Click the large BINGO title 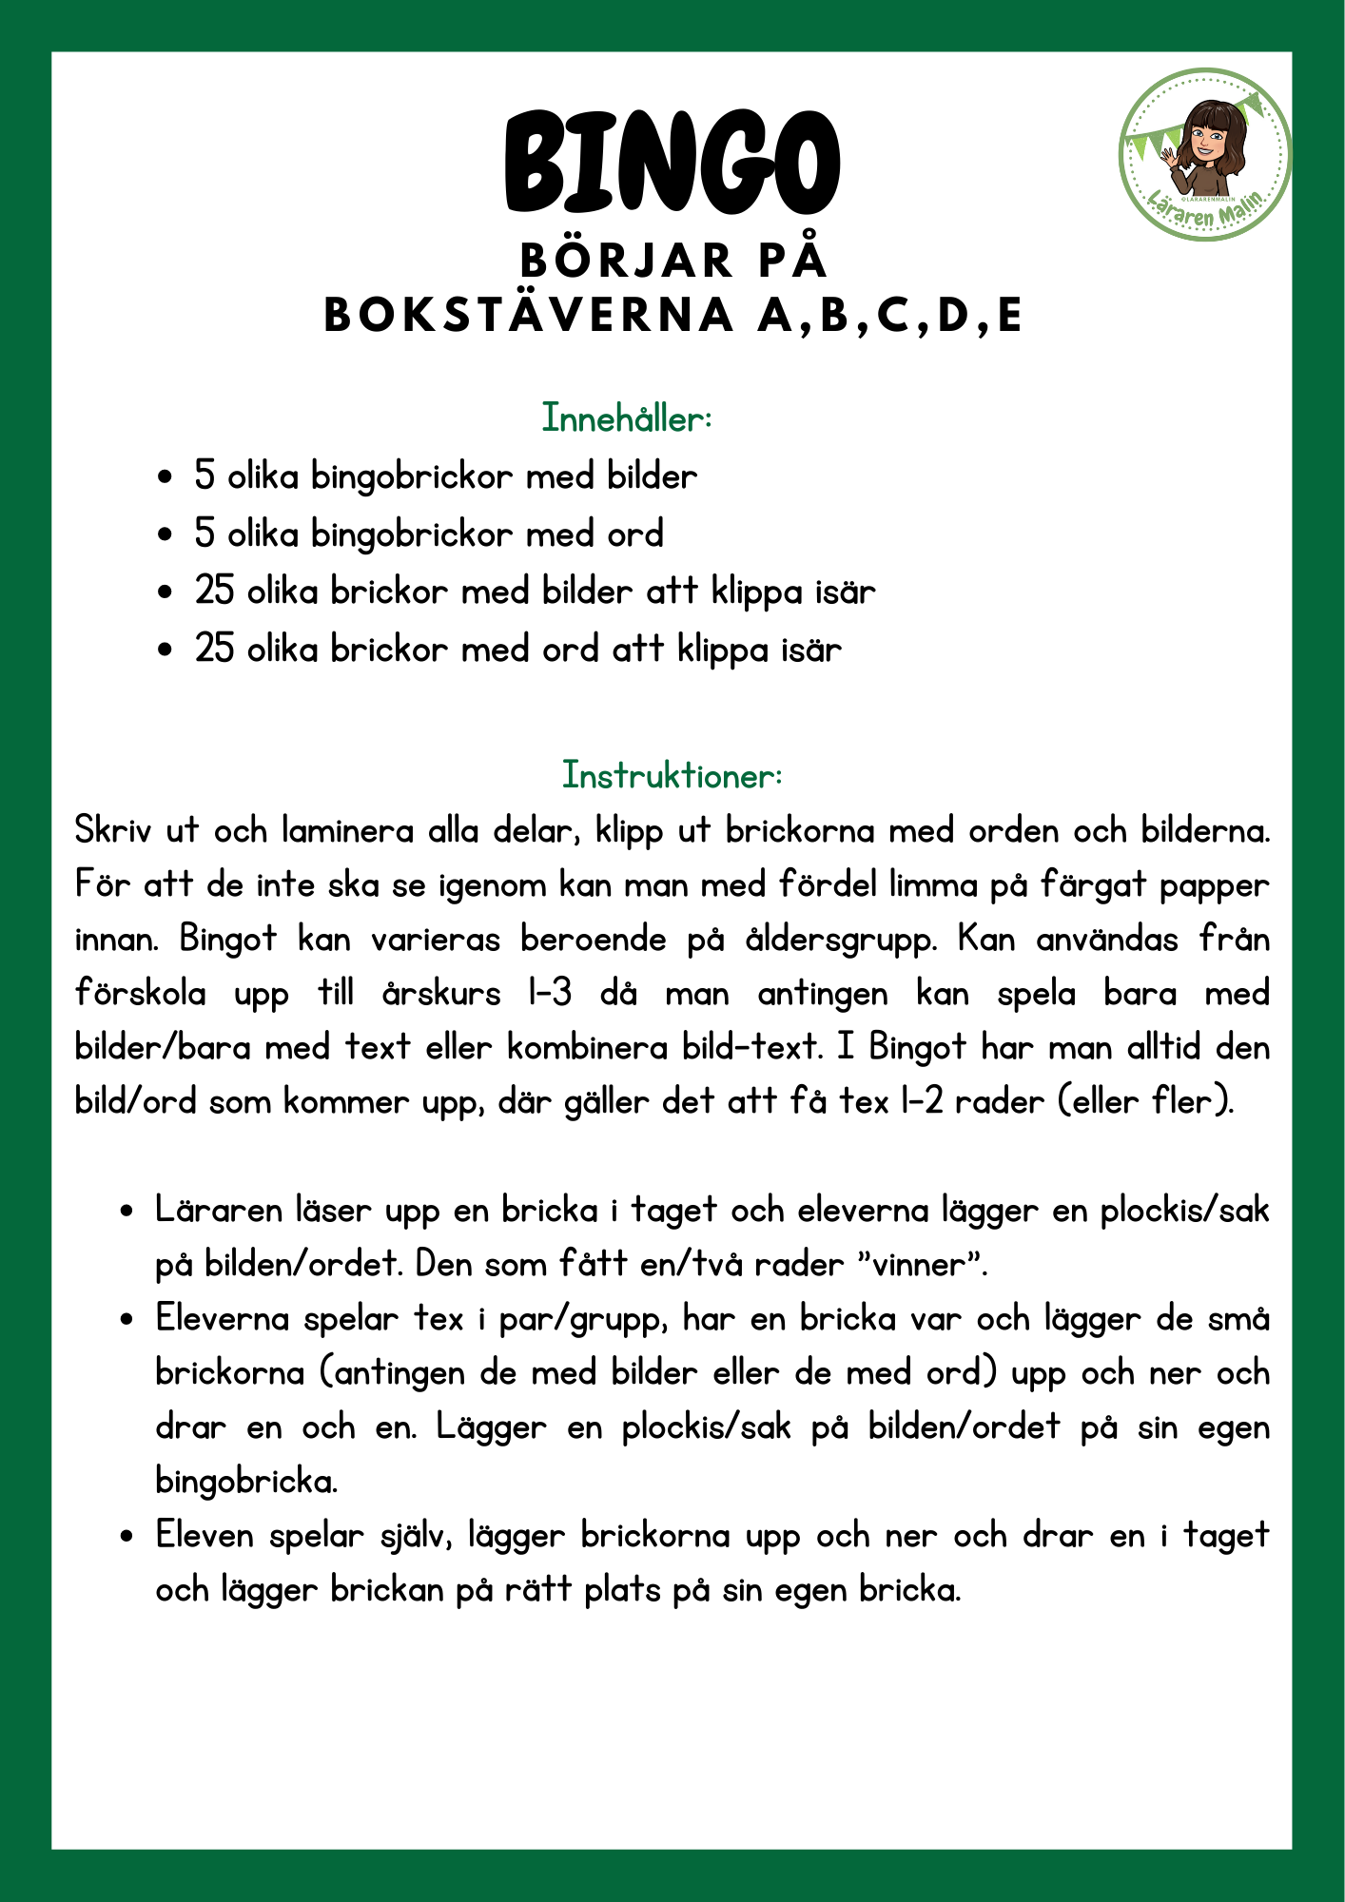tap(672, 162)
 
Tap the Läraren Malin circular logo tap(1204, 154)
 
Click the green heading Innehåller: tap(627, 418)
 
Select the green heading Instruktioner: tap(672, 775)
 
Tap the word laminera tap(347, 831)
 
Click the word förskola tap(141, 994)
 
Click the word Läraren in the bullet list tap(219, 1211)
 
